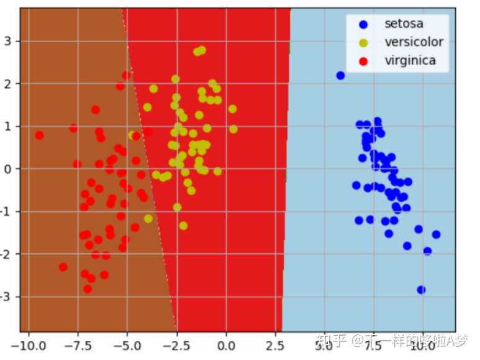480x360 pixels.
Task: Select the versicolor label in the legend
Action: click(x=414, y=42)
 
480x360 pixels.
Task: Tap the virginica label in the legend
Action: click(x=410, y=60)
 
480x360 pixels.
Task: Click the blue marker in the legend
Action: click(x=363, y=25)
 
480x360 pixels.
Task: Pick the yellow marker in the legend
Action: click(x=363, y=43)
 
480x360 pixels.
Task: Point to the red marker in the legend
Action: click(x=363, y=61)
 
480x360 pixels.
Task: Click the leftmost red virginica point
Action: click(x=39, y=135)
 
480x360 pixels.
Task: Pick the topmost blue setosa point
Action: click(x=340, y=76)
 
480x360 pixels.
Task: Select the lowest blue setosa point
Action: click(x=421, y=290)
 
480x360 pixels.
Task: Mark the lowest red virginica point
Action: click(x=88, y=289)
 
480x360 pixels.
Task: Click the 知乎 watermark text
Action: click(x=330, y=340)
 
